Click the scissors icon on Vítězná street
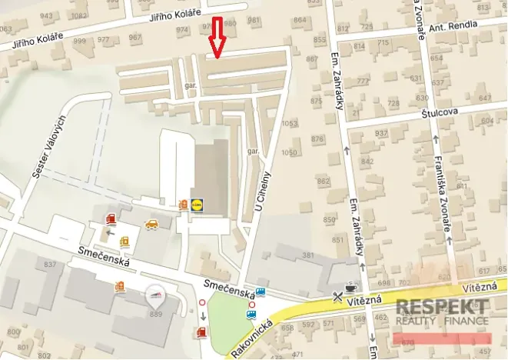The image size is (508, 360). click(x=337, y=296)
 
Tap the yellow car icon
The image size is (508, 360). click(x=151, y=225)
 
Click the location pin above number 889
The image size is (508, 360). click(x=154, y=294)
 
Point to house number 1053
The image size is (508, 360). click(x=289, y=123)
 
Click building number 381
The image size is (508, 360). click(x=309, y=255)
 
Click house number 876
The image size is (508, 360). click(x=317, y=138)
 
